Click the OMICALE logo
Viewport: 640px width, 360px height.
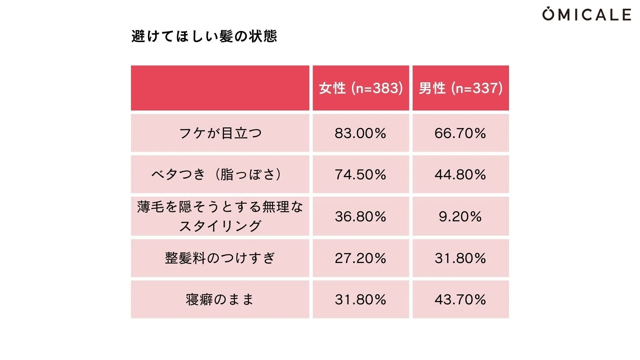(586, 14)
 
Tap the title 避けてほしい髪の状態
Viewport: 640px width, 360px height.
(204, 36)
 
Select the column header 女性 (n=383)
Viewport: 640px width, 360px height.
(361, 88)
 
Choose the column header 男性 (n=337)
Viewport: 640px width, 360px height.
(461, 88)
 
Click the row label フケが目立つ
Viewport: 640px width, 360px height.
(220, 133)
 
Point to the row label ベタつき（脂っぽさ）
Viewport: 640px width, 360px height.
(220, 174)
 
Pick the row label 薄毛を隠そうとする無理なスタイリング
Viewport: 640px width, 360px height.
(220, 216)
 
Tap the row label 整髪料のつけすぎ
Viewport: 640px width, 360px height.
(220, 258)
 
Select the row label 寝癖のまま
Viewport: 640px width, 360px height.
(220, 299)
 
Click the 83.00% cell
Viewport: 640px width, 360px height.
(361, 133)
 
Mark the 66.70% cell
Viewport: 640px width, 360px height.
(460, 133)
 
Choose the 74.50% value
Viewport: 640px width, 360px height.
(361, 174)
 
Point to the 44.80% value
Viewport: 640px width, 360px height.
(460, 174)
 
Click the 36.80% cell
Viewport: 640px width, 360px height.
(361, 216)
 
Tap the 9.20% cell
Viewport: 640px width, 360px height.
(460, 216)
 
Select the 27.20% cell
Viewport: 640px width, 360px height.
(361, 258)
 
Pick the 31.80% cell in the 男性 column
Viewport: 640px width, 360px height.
(460, 258)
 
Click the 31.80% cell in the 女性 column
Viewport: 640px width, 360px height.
(361, 299)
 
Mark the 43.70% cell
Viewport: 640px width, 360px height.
(460, 299)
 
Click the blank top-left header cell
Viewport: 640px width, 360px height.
(220, 88)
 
